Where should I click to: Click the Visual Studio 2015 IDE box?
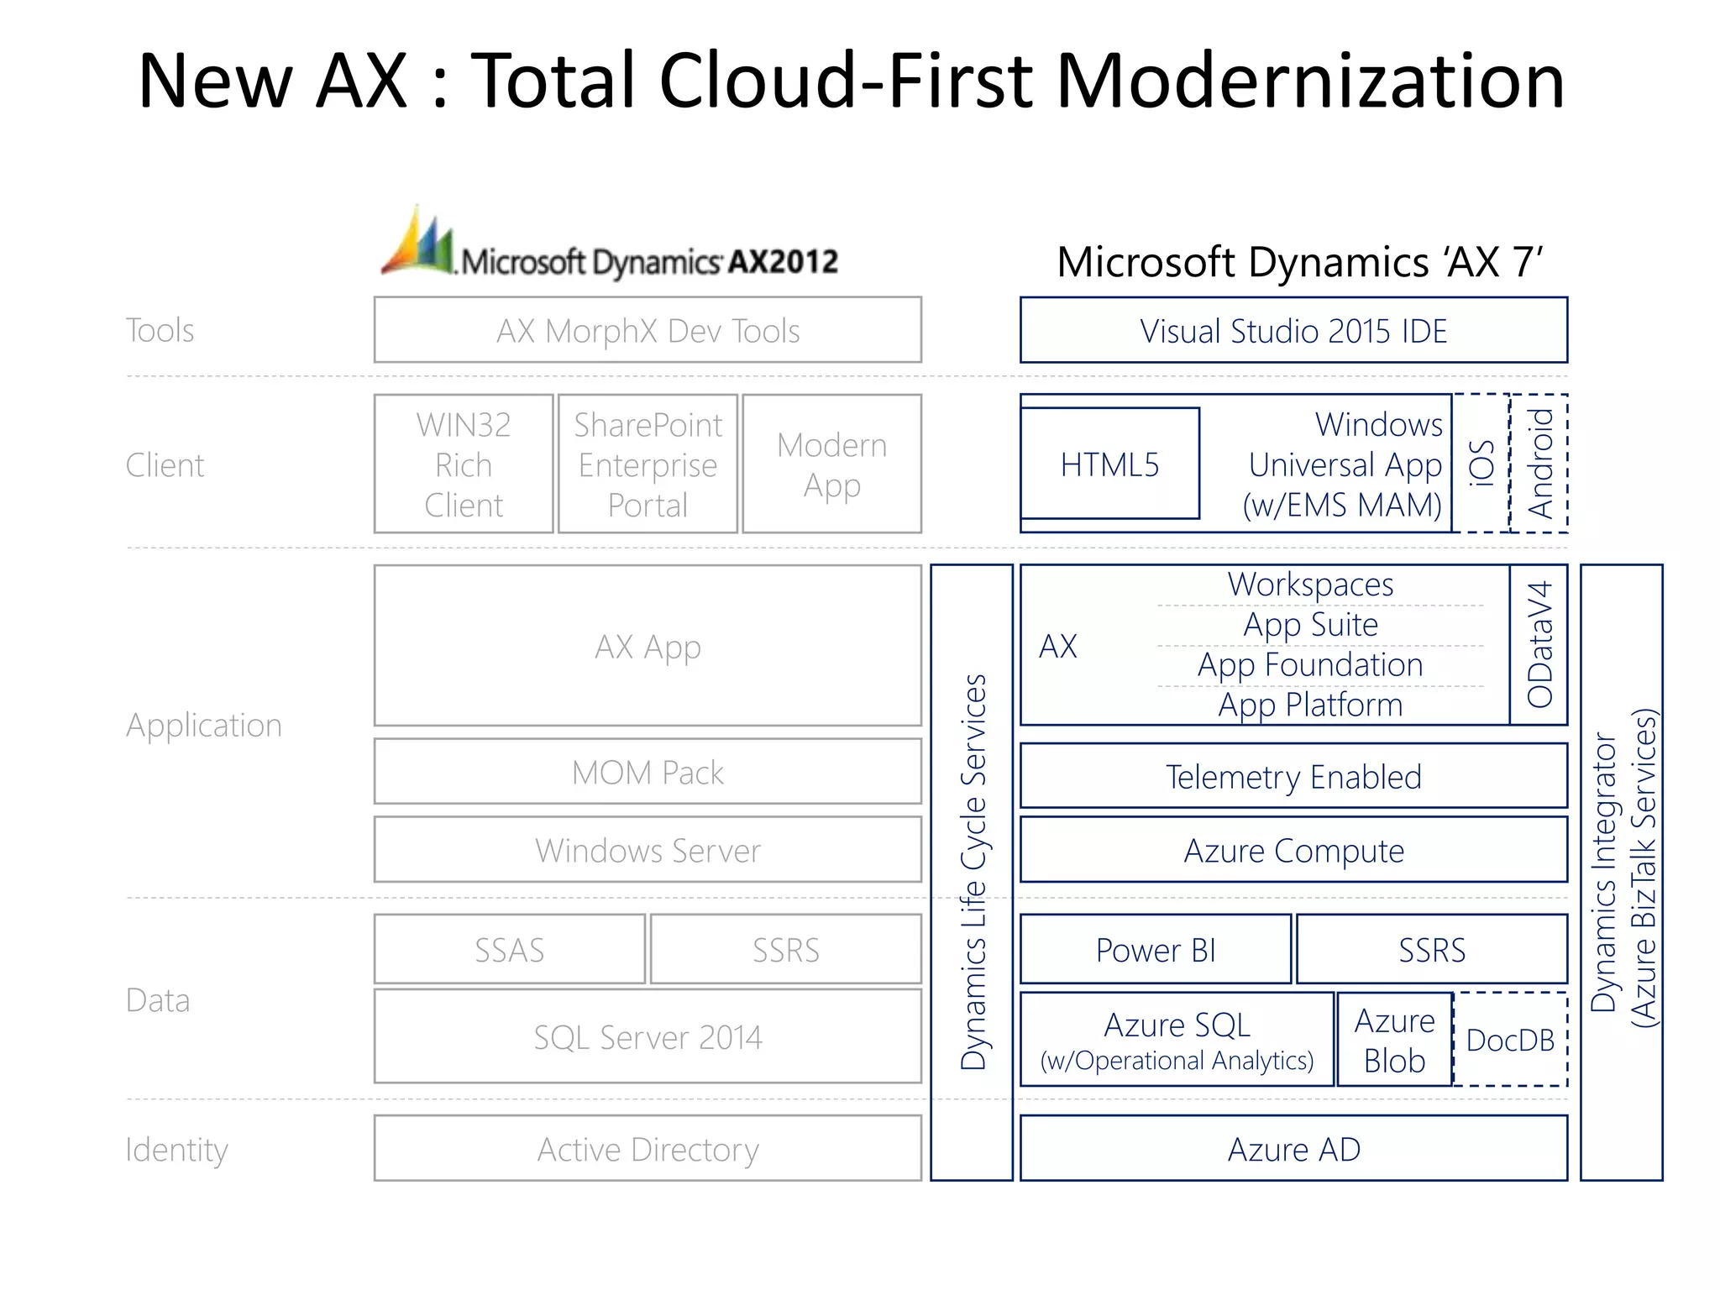click(1293, 330)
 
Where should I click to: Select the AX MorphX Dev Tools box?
click(648, 330)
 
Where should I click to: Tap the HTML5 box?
click(1109, 464)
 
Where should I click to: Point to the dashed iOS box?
click(1481, 463)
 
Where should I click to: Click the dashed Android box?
click(1539, 463)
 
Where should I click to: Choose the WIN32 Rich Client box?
click(464, 464)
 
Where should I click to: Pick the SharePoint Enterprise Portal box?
click(648, 464)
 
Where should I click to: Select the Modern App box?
click(831, 464)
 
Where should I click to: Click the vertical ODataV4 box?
click(1539, 644)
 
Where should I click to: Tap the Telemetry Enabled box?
click(1293, 776)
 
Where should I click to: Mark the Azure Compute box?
click(1293, 850)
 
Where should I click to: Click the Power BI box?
click(1156, 949)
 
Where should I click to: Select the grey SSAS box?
click(509, 949)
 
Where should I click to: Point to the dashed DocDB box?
click(1510, 1040)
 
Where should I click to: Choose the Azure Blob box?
click(1394, 1040)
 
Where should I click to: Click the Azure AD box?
click(1293, 1148)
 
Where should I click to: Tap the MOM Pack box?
click(648, 772)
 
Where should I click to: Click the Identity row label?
click(176, 1149)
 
